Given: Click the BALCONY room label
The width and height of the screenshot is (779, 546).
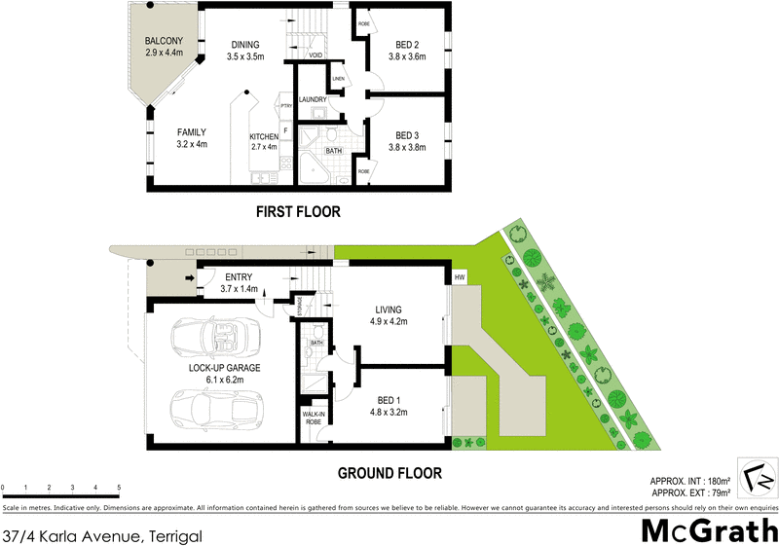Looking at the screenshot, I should click(164, 47).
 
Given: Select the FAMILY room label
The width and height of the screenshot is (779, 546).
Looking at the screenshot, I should click(191, 138).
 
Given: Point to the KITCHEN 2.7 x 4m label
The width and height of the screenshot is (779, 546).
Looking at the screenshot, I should click(264, 142).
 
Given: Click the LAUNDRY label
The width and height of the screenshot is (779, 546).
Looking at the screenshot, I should click(311, 99).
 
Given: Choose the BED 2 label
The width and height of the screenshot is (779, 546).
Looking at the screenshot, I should click(408, 51).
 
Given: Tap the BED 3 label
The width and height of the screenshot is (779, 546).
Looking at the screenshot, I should click(408, 141).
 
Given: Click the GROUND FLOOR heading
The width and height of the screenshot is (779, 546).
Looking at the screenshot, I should click(389, 474).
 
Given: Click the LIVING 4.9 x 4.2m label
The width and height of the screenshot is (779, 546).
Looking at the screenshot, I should click(387, 315).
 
